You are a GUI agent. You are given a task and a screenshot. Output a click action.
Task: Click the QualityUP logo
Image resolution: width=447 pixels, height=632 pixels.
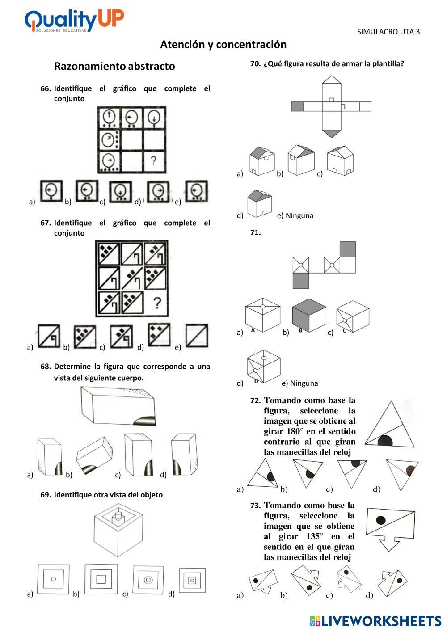pos(74,20)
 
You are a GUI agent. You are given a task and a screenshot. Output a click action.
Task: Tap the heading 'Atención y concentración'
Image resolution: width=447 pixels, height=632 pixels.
pos(223,45)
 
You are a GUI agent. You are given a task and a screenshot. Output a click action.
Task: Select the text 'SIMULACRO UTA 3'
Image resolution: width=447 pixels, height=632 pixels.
pos(388,32)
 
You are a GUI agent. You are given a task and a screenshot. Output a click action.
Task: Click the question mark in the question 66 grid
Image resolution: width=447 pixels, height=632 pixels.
pos(153,160)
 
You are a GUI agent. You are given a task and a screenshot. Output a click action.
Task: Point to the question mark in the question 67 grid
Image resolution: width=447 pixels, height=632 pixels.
pos(156,304)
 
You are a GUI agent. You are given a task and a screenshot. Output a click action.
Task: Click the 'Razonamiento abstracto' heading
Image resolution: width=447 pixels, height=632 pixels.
pos(114,67)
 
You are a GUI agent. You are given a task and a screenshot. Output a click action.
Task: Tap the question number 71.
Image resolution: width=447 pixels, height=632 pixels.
pos(255,232)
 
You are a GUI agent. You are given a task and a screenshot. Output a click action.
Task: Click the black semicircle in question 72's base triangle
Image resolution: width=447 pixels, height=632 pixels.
pos(385,441)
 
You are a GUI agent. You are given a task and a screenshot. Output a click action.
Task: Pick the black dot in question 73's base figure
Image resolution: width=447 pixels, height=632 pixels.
pos(381,520)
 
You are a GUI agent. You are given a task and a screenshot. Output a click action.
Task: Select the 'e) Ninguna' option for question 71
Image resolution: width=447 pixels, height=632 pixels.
pos(299,383)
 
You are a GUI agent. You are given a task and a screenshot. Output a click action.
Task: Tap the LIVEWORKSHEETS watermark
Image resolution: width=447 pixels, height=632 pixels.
pos(375,620)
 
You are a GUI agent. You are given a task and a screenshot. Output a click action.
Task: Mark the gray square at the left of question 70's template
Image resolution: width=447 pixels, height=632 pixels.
pos(297,106)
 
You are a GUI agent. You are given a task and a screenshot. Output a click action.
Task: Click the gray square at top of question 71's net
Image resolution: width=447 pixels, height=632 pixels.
pos(348,249)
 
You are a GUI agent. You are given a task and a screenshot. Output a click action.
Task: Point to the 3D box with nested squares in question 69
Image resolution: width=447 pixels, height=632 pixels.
pos(118,530)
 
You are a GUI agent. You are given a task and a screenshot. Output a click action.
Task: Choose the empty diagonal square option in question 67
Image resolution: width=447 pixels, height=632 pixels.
pos(197,336)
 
